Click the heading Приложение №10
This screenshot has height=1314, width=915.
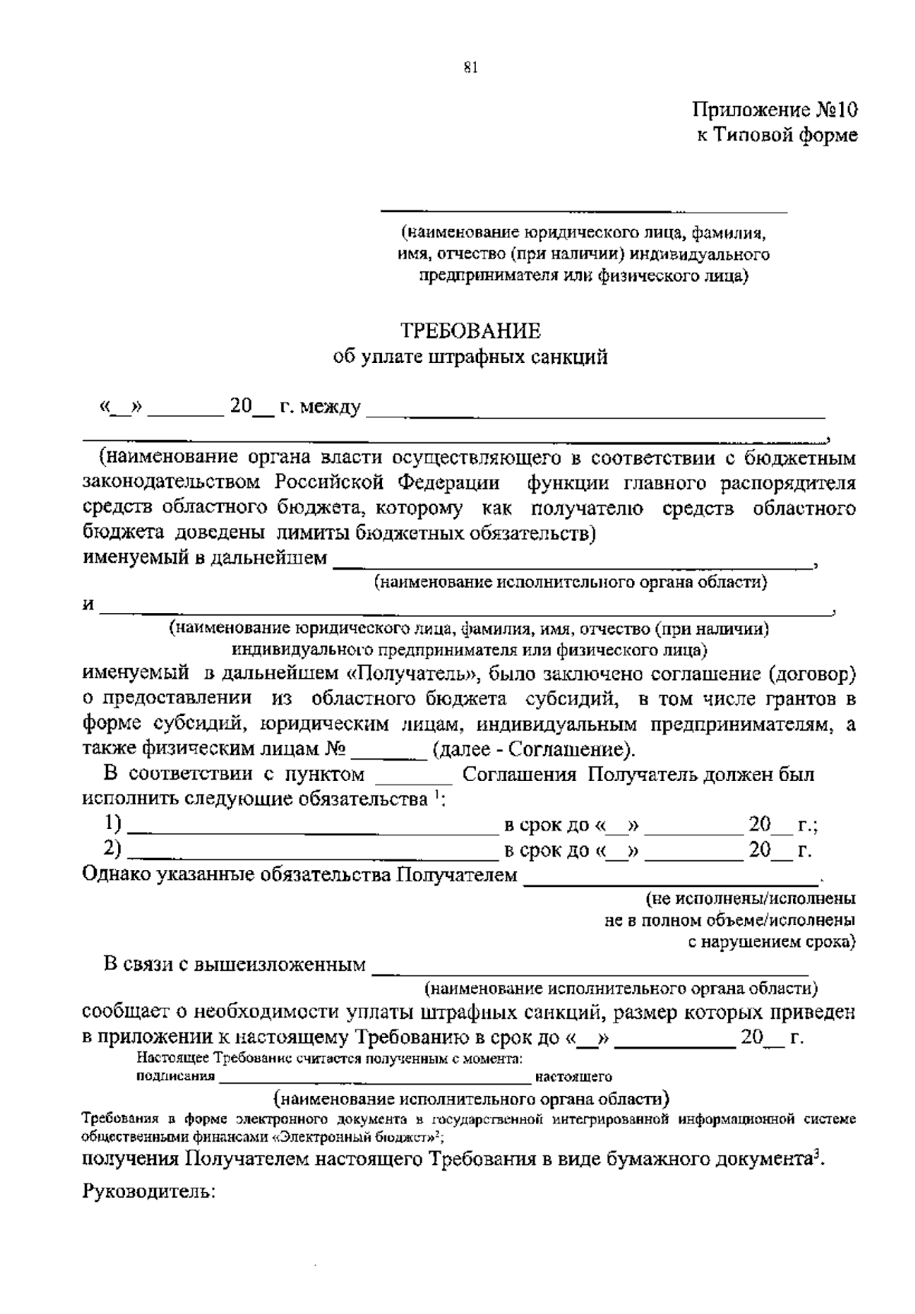(x=775, y=110)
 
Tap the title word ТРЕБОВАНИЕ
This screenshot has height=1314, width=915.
(x=471, y=331)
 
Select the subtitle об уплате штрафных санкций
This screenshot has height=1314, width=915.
(x=471, y=357)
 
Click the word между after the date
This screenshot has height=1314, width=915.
(x=330, y=407)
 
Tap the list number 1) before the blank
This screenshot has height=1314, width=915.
(x=112, y=824)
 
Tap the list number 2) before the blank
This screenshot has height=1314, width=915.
(x=112, y=849)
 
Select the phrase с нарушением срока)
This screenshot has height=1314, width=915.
(x=772, y=942)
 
